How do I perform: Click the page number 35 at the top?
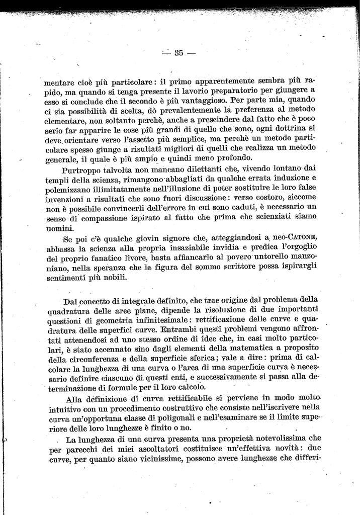point(178,53)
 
